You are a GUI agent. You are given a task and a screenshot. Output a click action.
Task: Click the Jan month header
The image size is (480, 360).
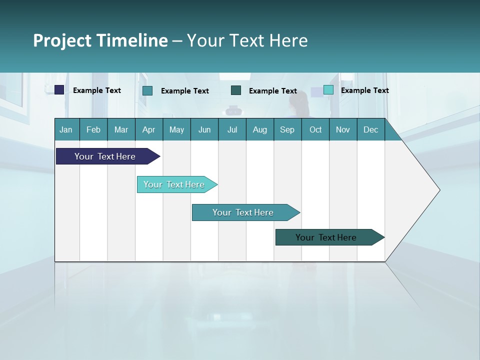[66, 129]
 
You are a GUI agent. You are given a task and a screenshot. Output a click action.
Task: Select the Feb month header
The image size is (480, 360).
[93, 129]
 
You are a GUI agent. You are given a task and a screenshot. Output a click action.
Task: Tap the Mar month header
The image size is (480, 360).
[121, 129]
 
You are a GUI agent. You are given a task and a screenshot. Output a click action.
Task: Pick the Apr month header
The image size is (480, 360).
[149, 129]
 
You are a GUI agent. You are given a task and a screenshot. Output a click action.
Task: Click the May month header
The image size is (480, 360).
[176, 129]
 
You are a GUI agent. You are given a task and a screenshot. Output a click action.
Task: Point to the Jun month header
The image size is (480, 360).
[204, 129]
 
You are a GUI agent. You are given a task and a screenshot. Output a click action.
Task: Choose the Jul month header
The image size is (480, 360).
[232, 129]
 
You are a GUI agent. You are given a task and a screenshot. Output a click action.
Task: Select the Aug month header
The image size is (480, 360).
[260, 129]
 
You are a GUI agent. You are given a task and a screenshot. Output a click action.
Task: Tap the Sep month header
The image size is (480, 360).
[287, 129]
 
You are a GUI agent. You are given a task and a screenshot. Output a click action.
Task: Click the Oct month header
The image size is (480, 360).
[315, 129]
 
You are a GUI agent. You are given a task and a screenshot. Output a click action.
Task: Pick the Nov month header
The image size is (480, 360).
[343, 129]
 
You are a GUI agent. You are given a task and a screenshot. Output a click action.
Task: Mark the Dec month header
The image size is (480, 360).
[371, 129]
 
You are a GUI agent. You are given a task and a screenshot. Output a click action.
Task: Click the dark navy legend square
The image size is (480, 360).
[59, 90]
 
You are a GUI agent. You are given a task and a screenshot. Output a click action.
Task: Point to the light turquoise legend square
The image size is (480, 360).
[328, 90]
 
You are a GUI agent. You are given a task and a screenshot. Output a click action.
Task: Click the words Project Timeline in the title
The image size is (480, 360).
[100, 40]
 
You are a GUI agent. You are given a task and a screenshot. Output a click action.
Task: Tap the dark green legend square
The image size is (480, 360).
[236, 90]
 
